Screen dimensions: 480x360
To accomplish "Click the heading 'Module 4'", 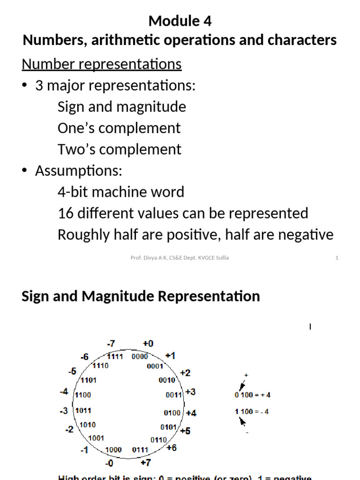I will point(180,21).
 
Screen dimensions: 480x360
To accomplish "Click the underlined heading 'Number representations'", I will point(101,64).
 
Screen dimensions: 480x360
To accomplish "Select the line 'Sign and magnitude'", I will point(121,107).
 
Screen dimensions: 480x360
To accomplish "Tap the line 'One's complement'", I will point(119,128).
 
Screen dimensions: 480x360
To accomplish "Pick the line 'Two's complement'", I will point(119,150).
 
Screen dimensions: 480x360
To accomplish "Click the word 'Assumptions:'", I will point(78,171).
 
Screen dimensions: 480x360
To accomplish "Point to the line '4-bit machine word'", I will point(120,192).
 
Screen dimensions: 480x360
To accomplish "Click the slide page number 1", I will point(337,258).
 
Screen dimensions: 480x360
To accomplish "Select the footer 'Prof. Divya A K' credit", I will point(180,258).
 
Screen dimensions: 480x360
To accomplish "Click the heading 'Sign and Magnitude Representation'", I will point(141,296).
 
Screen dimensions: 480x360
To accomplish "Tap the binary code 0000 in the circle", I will point(140,357).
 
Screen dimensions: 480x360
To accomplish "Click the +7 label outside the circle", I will point(146,463).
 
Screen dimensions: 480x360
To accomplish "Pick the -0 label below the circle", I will point(109,464).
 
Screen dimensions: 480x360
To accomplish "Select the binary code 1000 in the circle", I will point(113,450).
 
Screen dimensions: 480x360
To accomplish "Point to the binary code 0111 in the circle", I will point(140,450).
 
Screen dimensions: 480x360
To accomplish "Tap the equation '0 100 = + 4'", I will point(252,395).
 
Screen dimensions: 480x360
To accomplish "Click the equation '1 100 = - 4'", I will point(252,412).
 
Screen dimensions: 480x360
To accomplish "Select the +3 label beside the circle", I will point(191,392).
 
